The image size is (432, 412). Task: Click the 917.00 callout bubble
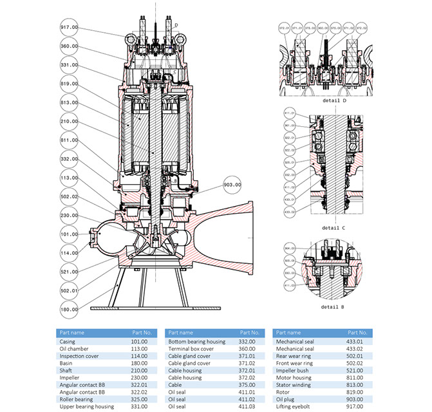69,28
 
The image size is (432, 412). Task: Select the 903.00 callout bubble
232,184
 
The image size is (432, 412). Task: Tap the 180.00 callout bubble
69,310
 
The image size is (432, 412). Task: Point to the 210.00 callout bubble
69,121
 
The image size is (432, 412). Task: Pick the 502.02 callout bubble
69,196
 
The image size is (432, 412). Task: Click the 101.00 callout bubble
69,234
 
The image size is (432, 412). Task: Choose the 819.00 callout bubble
69,83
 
